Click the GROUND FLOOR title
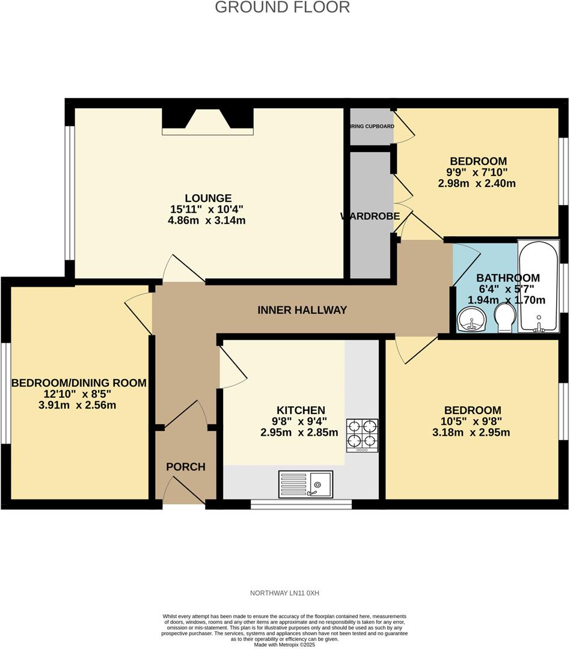click(282, 7)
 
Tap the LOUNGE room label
click(208, 198)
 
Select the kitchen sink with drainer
click(305, 484)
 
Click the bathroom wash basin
click(472, 319)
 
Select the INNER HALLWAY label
click(302, 310)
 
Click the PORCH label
click(186, 467)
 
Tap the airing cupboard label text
click(372, 127)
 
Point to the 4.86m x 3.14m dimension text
click(208, 221)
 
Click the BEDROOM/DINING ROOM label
click(79, 383)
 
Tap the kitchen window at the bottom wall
click(301, 504)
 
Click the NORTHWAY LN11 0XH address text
click(284, 593)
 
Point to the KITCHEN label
click(293, 410)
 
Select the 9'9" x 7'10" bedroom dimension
click(478, 172)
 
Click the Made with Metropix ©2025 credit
click(285, 644)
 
